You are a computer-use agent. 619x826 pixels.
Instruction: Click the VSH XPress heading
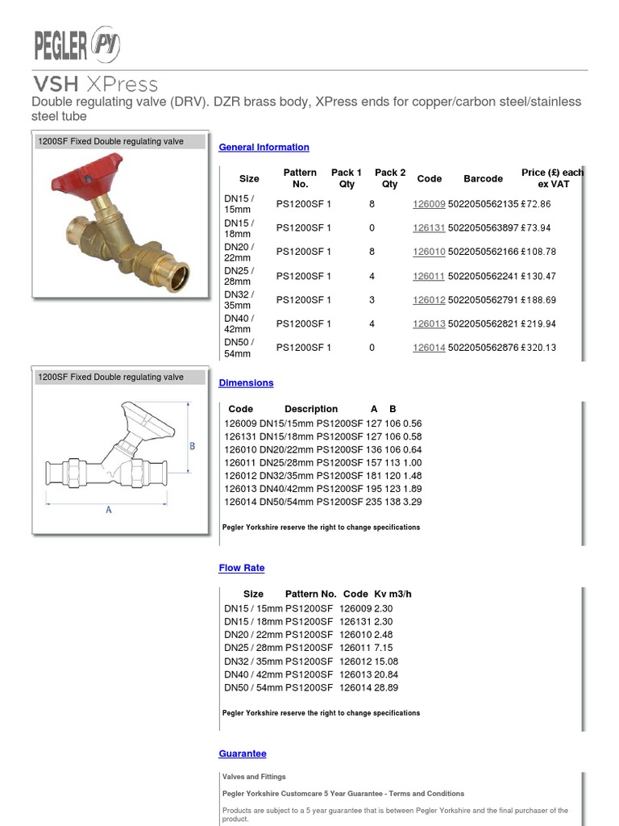pos(95,84)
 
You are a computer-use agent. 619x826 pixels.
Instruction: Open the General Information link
pos(264,148)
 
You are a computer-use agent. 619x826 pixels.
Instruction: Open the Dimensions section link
pos(246,383)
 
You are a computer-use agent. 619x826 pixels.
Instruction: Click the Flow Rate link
pos(241,569)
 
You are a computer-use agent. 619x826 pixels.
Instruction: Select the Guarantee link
pos(242,754)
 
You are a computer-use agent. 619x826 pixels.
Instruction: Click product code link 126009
pos(429,205)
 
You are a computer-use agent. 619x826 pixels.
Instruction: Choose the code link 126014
pos(429,348)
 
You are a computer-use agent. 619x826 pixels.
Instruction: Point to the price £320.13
pos(538,348)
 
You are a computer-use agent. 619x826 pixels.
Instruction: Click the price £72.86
pos(535,205)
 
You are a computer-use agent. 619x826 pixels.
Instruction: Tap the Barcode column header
pos(483,179)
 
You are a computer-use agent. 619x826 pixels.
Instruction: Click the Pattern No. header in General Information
pos(300,178)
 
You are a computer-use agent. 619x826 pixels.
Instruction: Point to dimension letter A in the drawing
pos(108,511)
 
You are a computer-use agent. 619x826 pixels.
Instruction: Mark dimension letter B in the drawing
pos(192,445)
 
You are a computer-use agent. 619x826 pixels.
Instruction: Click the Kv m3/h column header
pos(393,594)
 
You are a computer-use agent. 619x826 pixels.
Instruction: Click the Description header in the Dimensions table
pos(311,410)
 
